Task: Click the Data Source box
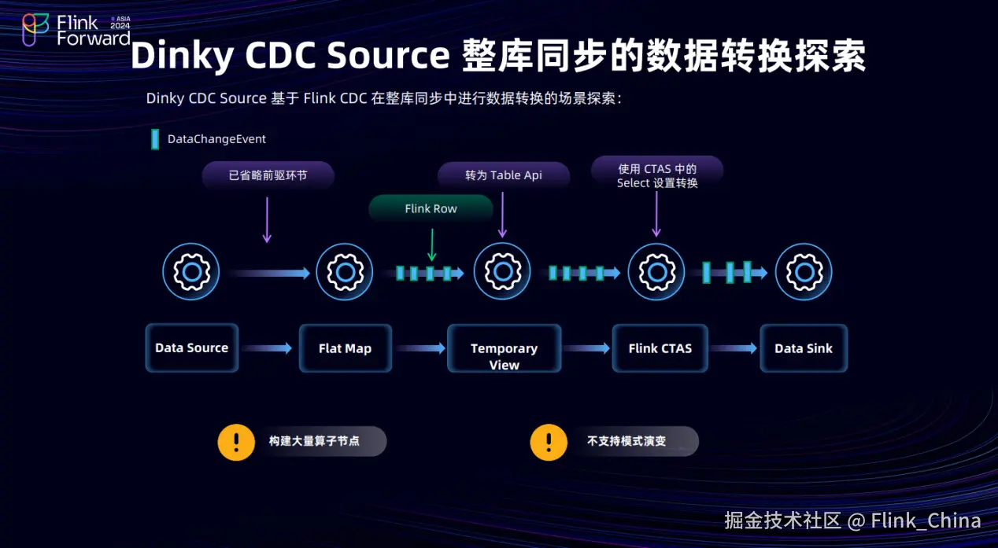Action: pos(191,348)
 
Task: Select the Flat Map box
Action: pos(346,348)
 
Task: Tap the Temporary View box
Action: pos(504,348)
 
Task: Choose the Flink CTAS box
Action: pos(660,348)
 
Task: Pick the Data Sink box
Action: pos(804,348)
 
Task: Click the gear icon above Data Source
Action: pos(191,271)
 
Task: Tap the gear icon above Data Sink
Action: pos(804,271)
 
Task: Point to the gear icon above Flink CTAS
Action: pos(656,271)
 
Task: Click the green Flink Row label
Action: pos(431,208)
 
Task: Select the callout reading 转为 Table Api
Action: pos(504,175)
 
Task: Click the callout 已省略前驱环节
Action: pos(268,175)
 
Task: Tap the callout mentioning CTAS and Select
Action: pos(657,175)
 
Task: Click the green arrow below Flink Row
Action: pos(432,245)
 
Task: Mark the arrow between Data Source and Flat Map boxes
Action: pos(267,348)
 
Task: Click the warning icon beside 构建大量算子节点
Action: pos(236,442)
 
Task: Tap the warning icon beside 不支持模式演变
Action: pos(549,442)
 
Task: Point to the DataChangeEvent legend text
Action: pos(216,139)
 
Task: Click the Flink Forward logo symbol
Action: pos(35,29)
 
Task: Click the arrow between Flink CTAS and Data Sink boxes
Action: pos(734,348)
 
